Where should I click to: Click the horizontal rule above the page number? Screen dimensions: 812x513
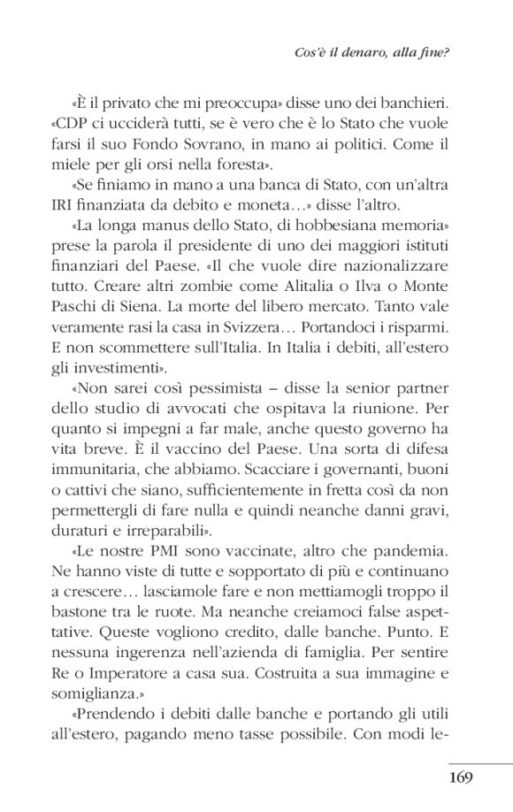[479, 762]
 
